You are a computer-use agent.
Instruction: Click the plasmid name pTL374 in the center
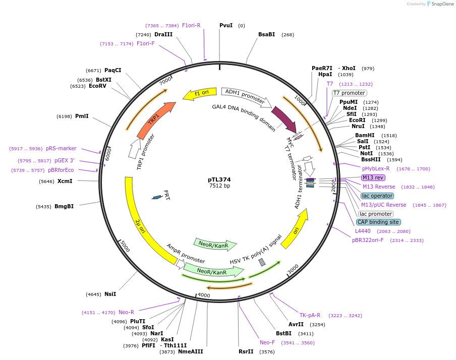pos(219,179)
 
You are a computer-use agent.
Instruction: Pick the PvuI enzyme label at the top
pos(226,25)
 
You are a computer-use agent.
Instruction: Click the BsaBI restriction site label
pos(266,34)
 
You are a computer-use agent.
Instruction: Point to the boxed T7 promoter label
pos(349,93)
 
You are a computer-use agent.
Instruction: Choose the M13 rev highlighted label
pos(373,177)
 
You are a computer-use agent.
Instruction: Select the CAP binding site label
pos(378,222)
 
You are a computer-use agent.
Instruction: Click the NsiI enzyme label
pos(110,294)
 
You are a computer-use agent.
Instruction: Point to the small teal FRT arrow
pos(157,197)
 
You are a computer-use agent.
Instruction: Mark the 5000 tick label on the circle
pos(125,248)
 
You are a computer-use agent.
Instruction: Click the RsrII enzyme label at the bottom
pos(246,351)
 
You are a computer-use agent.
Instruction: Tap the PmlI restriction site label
pos(82,116)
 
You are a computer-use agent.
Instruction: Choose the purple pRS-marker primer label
pos(61,148)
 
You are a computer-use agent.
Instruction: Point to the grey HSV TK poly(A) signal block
pos(262,262)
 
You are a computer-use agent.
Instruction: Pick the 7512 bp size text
pos(219,186)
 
